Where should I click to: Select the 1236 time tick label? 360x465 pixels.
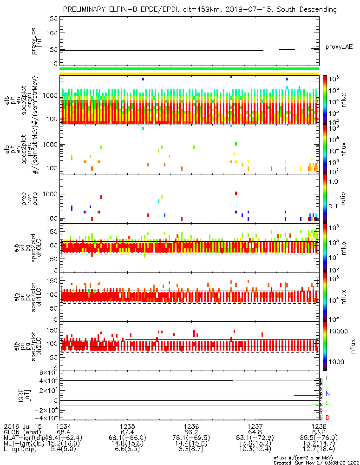pos(191,426)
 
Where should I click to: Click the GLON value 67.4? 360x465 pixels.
pos(127,432)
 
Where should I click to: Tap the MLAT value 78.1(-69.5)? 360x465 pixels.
pos(191,438)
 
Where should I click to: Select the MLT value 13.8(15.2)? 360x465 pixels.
pos(255,445)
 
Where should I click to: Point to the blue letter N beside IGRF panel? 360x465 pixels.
pos(327,393)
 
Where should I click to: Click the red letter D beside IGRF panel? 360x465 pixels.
pos(327,418)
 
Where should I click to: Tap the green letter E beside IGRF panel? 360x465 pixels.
pos(327,403)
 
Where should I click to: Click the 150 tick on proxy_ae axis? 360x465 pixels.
pos(52,19)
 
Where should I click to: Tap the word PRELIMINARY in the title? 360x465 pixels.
pos(86,9)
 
